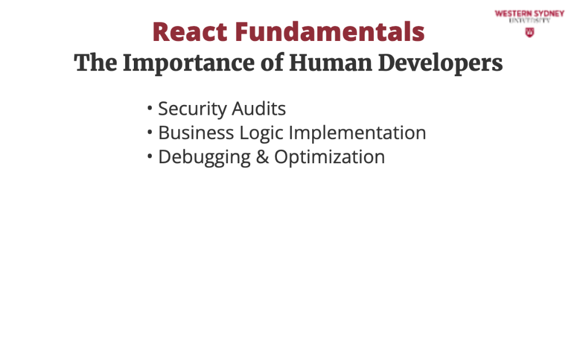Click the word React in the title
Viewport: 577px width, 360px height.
pyautogui.click(x=190, y=32)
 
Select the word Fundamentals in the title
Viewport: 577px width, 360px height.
pyautogui.click(x=330, y=32)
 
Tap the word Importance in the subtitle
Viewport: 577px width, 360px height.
pyautogui.click(x=189, y=63)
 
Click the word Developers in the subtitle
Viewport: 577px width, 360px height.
pyautogui.click(x=440, y=63)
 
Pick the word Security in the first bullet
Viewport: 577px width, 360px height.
pyautogui.click(x=193, y=109)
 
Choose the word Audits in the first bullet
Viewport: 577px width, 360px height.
pyautogui.click(x=258, y=108)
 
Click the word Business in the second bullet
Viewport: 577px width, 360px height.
pyautogui.click(x=196, y=133)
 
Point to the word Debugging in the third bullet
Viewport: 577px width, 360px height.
pyautogui.click(x=205, y=157)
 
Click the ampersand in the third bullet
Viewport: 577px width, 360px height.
pyautogui.click(x=263, y=157)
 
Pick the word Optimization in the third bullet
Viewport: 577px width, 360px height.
pyautogui.click(x=329, y=157)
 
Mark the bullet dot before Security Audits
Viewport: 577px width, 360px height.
pyautogui.click(x=149, y=108)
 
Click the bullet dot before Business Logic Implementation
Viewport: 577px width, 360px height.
pyautogui.click(x=149, y=132)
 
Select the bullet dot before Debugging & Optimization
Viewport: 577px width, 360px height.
pyautogui.click(x=149, y=156)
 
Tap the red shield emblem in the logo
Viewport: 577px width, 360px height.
pyautogui.click(x=530, y=32)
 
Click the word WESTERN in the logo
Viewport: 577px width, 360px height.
pyautogui.click(x=513, y=14)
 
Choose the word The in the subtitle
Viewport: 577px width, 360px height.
pyautogui.click(x=96, y=62)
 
